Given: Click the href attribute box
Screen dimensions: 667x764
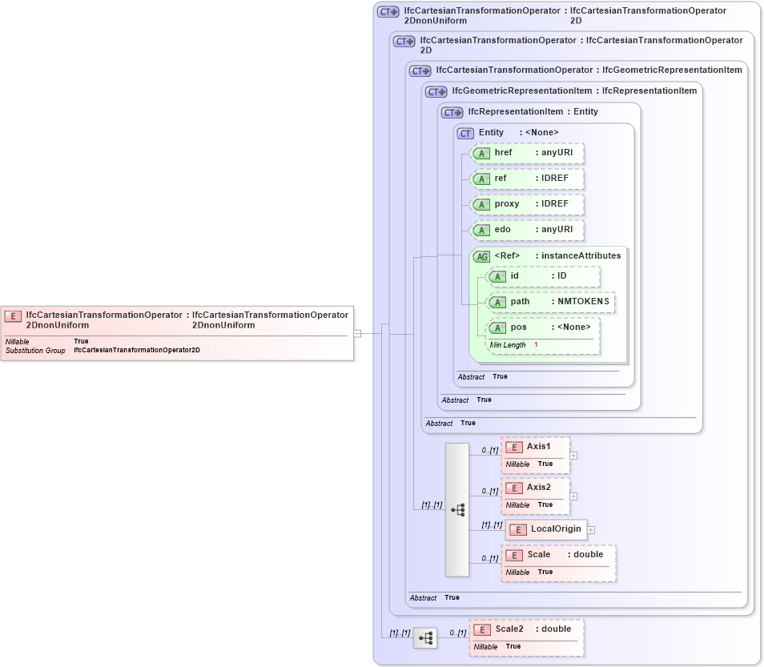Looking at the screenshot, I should [x=527, y=154].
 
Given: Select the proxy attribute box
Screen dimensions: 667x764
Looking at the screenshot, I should [x=527, y=204].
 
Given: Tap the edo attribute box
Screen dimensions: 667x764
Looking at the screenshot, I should [x=527, y=230].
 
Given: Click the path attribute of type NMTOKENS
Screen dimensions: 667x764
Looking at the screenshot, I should [x=551, y=302].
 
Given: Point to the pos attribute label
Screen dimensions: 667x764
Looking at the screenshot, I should [x=519, y=327].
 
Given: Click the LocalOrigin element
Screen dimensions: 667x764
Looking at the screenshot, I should [x=546, y=529].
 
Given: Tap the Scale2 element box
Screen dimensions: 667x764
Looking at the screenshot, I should [x=526, y=637].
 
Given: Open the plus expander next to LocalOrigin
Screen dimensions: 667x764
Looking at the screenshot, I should [x=591, y=529].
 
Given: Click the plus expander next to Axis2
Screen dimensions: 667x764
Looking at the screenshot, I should [x=573, y=496].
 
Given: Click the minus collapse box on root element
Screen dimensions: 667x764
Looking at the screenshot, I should [x=358, y=333].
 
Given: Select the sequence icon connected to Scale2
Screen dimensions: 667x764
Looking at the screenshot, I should [x=425, y=638].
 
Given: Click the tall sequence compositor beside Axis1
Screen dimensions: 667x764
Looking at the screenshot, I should [x=457, y=509].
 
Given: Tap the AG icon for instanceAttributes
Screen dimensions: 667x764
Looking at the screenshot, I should [x=482, y=256].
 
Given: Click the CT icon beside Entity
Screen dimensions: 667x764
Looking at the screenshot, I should [x=465, y=133].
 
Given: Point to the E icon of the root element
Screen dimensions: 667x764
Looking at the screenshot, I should [x=14, y=316].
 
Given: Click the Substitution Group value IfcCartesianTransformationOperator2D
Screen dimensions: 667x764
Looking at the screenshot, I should [x=136, y=351].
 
